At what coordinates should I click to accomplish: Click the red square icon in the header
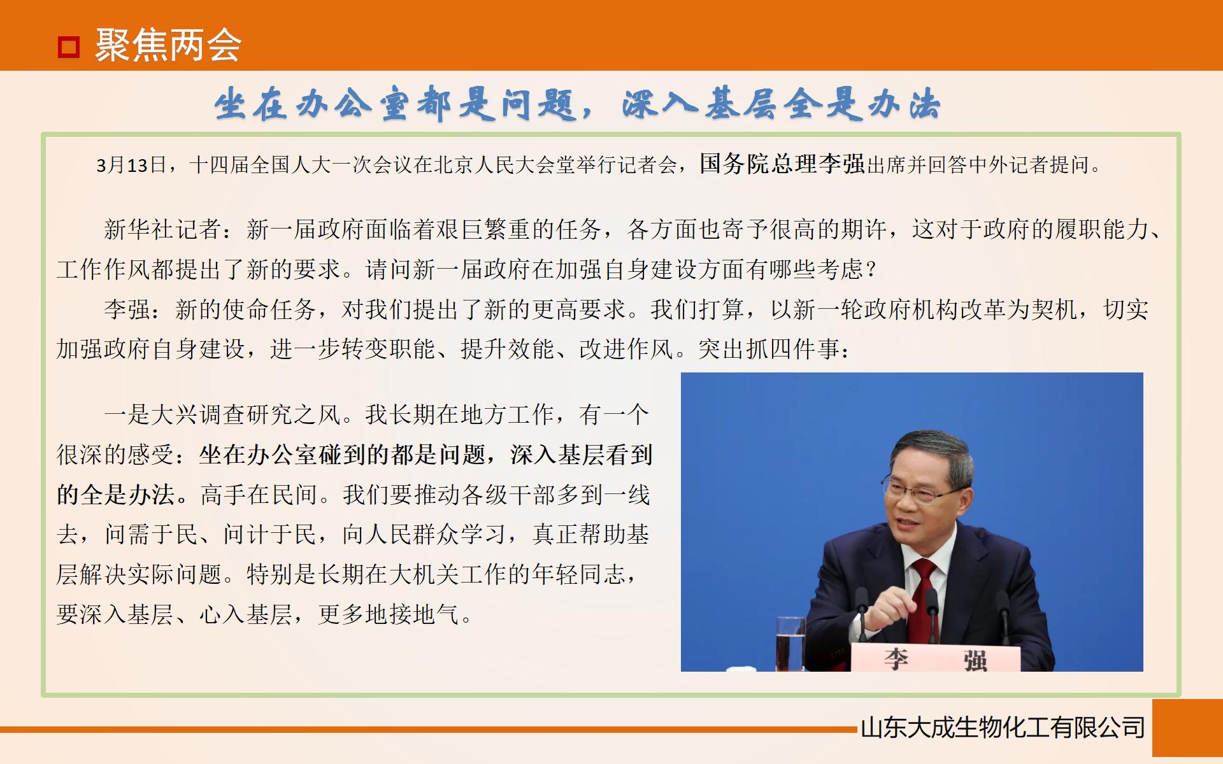(69, 47)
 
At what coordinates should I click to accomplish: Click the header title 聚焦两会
(168, 46)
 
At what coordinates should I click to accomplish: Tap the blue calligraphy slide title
(576, 104)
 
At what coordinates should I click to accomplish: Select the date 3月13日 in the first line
(131, 166)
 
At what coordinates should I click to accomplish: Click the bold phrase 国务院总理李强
(782, 164)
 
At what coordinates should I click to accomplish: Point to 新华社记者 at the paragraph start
(162, 229)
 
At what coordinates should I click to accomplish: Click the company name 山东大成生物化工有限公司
(1003, 728)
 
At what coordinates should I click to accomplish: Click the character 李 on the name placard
(896, 659)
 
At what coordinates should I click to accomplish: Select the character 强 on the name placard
(975, 660)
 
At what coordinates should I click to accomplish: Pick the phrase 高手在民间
(258, 495)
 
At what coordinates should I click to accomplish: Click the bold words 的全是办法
(115, 495)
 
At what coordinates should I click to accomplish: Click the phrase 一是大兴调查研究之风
(222, 415)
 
